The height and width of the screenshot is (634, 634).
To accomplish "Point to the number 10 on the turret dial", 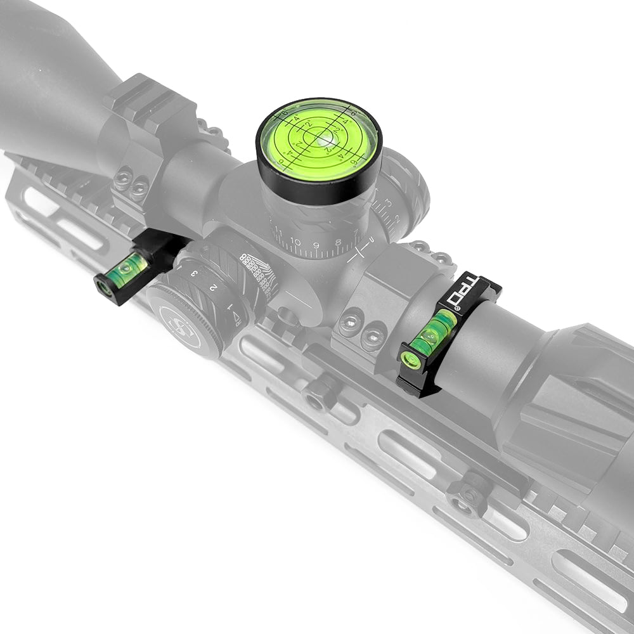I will point(295,242).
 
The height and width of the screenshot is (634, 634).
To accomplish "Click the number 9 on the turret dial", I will point(316,243).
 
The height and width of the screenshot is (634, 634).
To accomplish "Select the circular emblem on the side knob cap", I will point(181,327).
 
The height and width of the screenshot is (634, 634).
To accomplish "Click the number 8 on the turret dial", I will point(337,242).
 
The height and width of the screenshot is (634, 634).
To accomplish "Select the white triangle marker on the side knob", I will point(236,315).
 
